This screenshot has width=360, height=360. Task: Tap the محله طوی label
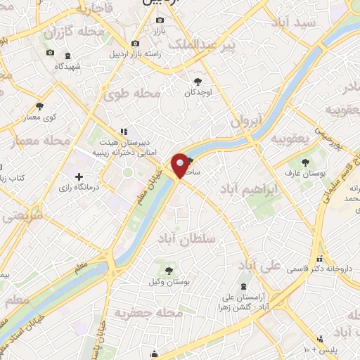click(x=131, y=91)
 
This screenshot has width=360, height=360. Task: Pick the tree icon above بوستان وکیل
click(x=168, y=269)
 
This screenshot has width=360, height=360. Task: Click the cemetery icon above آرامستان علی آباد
click(x=244, y=286)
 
